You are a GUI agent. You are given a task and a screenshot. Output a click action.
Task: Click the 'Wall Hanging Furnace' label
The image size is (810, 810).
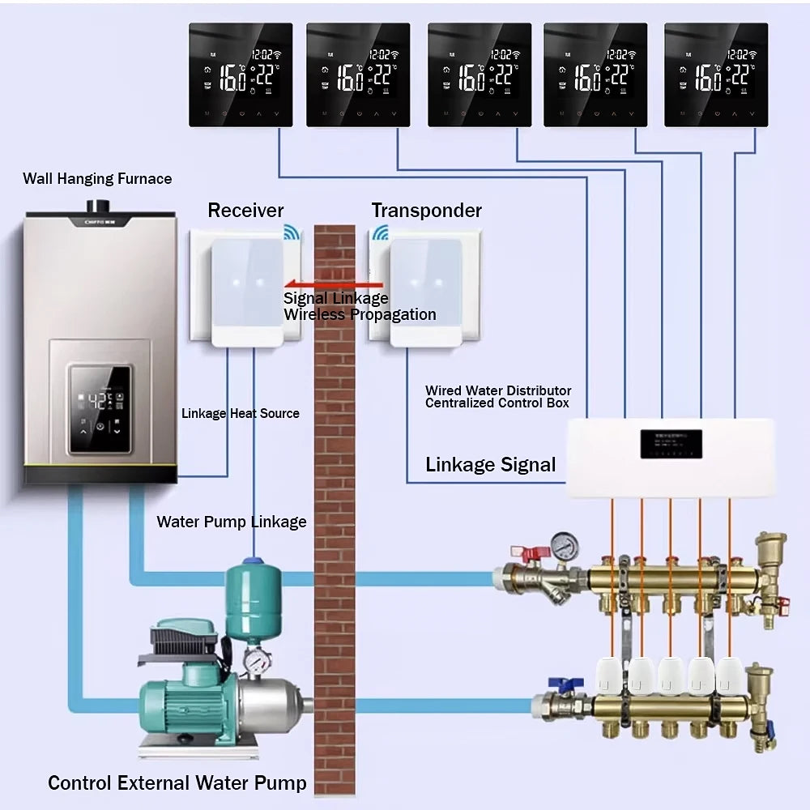[97, 179]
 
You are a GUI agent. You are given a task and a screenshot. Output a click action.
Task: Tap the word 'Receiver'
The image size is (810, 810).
[245, 211]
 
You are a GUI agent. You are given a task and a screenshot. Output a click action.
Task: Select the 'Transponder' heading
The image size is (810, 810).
[426, 211]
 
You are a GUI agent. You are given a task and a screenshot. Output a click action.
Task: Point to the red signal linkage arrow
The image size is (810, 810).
[333, 284]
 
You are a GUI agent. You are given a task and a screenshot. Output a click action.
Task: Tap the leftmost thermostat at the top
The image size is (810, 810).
[241, 75]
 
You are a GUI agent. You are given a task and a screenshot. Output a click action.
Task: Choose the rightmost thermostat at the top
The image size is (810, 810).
[715, 75]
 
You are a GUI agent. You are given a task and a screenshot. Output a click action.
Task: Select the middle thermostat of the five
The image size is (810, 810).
[480, 75]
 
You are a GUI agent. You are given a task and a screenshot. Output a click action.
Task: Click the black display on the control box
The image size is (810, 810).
[671, 444]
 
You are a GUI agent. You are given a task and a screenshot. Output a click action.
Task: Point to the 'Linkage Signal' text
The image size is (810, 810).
[491, 465]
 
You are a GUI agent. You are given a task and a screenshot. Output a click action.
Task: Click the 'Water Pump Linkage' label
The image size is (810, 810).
[232, 522]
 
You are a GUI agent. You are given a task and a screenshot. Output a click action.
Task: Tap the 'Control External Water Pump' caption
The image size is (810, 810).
[177, 783]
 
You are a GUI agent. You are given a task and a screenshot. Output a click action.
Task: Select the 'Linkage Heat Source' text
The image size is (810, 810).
[240, 413]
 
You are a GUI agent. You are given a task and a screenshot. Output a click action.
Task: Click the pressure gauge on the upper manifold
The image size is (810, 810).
[564, 543]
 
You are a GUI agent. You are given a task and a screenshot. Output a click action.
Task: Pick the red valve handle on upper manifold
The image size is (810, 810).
[536, 554]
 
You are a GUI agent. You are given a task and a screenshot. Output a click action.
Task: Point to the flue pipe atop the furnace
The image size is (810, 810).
[101, 202]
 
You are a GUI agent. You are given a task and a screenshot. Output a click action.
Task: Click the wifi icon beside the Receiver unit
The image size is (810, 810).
[291, 233]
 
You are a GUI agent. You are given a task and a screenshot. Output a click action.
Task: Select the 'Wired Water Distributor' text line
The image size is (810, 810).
[498, 390]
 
